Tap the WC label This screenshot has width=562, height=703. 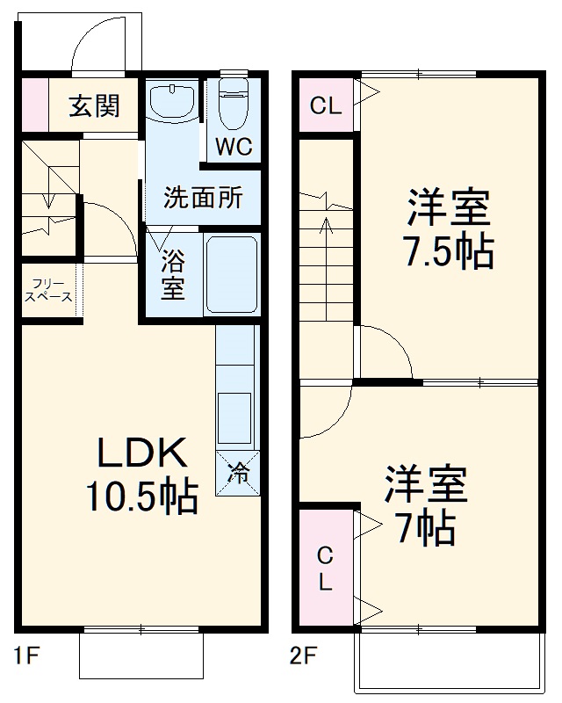234,147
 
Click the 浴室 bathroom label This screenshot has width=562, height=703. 172,274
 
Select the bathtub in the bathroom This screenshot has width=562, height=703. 231,274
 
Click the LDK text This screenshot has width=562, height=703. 140,455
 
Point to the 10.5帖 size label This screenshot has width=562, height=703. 140,498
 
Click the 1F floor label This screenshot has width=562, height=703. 27,656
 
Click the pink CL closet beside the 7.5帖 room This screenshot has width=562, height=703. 325,106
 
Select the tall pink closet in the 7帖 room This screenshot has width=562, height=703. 325,569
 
